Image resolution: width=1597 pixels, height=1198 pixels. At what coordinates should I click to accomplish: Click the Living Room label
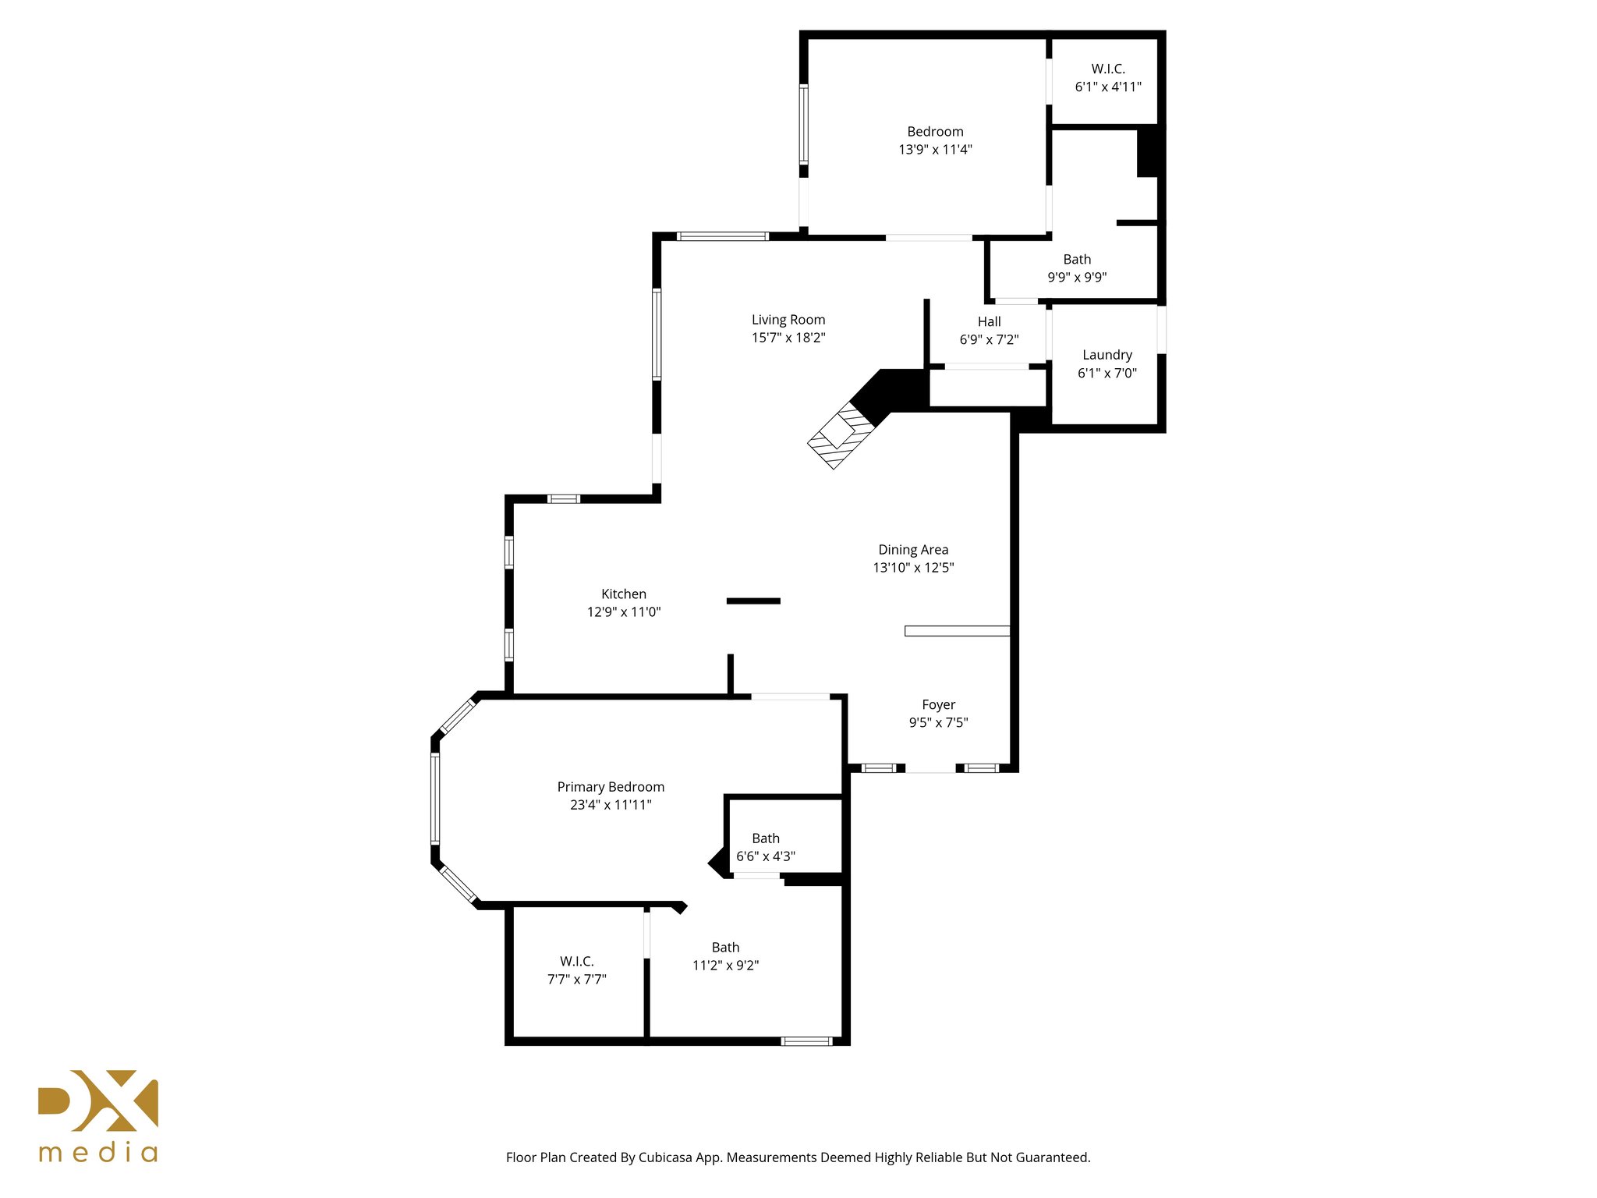(x=788, y=320)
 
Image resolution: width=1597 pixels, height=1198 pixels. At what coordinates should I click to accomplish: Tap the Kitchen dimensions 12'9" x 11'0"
(x=623, y=612)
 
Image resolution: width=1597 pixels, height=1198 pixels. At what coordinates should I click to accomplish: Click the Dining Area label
(x=912, y=550)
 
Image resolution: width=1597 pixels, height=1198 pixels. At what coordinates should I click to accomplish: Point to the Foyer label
(x=938, y=704)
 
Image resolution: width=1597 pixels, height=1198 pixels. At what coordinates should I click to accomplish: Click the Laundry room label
(x=1107, y=355)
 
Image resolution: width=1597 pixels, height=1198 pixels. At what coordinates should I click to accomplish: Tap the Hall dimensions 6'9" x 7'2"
(x=989, y=339)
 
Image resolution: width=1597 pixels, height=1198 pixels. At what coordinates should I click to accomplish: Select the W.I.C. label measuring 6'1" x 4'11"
(x=1107, y=69)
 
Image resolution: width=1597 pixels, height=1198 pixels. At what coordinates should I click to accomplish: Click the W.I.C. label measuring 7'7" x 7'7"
(x=576, y=961)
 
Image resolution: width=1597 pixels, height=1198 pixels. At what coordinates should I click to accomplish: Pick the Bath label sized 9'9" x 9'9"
(x=1076, y=259)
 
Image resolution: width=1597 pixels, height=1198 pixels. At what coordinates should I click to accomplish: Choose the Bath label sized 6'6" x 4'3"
(x=765, y=838)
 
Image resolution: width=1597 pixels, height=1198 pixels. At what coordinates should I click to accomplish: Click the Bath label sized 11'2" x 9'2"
(x=725, y=947)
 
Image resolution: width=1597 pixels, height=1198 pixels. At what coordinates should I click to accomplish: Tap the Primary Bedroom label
(x=611, y=787)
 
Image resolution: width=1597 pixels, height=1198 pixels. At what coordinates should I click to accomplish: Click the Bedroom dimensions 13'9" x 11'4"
(x=935, y=150)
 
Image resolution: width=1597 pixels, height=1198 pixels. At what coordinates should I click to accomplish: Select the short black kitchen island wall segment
(x=753, y=601)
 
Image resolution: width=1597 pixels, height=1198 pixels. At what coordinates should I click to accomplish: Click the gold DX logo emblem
(x=98, y=1101)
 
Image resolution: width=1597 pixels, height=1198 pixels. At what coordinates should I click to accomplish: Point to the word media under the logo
(x=98, y=1152)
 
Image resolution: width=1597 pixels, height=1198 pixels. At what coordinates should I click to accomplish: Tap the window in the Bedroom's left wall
(x=803, y=125)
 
